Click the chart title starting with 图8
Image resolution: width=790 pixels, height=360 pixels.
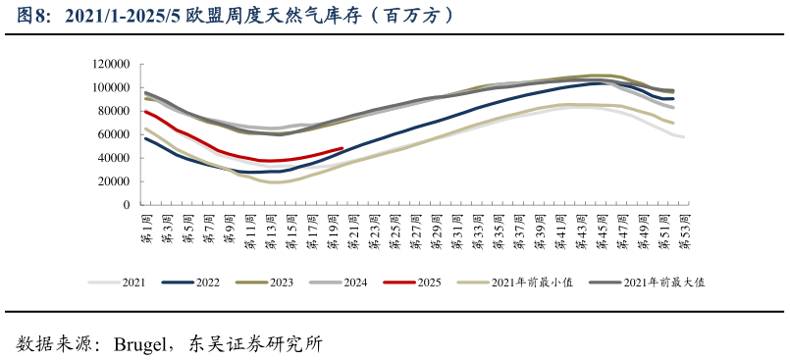pyautogui.click(x=237, y=16)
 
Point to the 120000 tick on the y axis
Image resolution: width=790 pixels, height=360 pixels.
pyautogui.click(x=111, y=64)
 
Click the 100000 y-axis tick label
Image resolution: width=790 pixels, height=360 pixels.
pyautogui.click(x=111, y=87)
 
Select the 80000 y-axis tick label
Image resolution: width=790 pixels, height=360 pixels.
pyautogui.click(x=114, y=111)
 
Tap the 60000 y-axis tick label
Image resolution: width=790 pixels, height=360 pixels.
pyautogui.click(x=114, y=134)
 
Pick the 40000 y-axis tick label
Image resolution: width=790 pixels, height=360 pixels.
pyautogui.click(x=114, y=158)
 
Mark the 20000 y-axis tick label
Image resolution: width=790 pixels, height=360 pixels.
pyautogui.click(x=114, y=181)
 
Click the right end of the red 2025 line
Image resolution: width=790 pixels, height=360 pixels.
pyautogui.click(x=342, y=149)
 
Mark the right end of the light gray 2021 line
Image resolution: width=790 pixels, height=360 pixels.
pyautogui.click(x=683, y=136)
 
